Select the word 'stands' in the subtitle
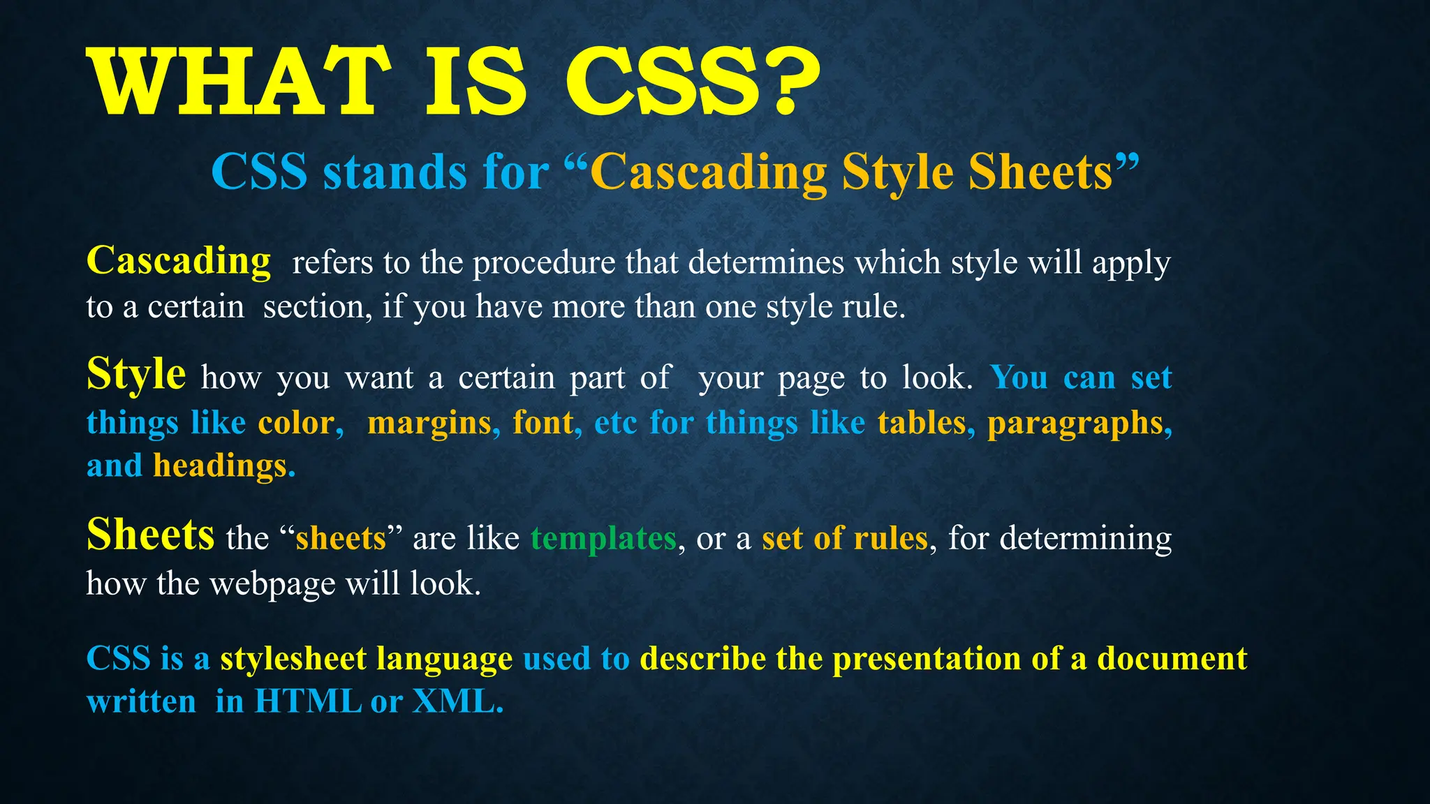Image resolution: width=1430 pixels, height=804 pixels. (x=394, y=172)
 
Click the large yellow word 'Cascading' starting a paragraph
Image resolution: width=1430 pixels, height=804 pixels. (x=179, y=262)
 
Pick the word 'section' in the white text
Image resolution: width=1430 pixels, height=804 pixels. (x=314, y=307)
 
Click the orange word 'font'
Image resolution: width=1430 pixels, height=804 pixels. (x=543, y=423)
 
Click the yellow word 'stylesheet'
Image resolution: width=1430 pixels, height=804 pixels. (x=293, y=659)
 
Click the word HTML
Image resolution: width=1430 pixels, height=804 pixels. (x=308, y=701)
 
